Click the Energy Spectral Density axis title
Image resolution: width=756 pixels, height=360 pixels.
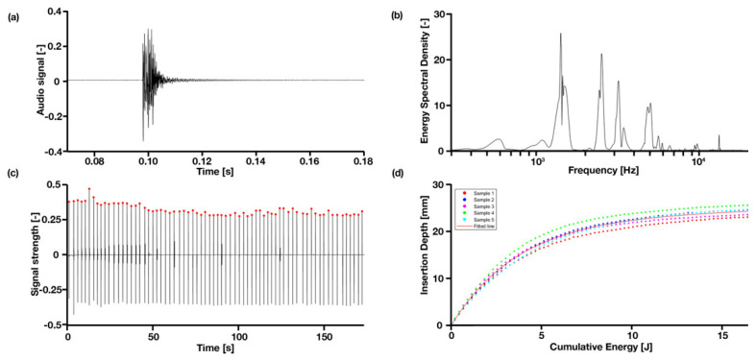point(408,82)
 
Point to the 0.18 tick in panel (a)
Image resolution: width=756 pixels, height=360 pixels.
point(363,162)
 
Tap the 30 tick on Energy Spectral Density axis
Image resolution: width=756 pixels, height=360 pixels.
point(437,13)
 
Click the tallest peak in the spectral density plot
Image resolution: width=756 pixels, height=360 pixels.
point(561,34)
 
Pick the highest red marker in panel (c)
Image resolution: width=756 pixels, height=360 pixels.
point(89,189)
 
